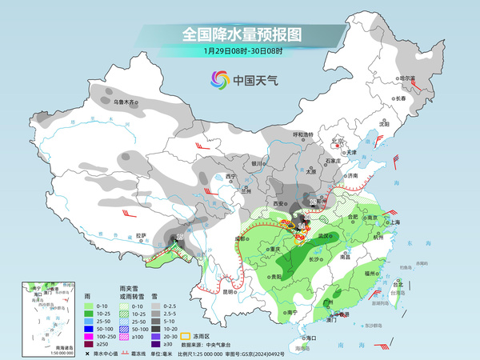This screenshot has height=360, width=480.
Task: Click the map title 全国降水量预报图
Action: click(241, 34)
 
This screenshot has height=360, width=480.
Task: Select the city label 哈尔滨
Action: click(409, 78)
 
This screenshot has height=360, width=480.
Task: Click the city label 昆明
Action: click(228, 291)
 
